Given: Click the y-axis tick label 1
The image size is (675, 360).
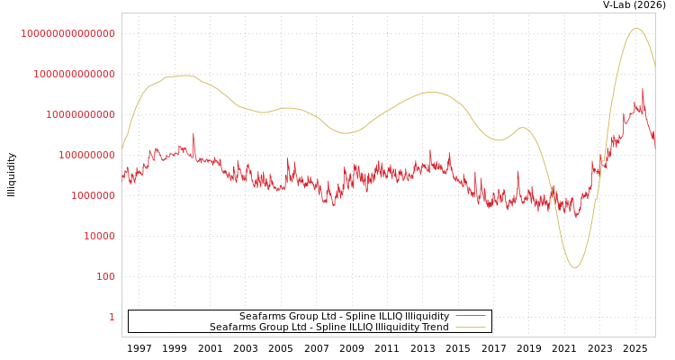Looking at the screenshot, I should click(112, 317).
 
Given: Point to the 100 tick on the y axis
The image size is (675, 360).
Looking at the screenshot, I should click(105, 276).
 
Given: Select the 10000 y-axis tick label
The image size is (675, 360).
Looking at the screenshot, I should click(99, 236).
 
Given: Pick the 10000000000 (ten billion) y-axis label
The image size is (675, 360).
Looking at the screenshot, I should click(80, 114).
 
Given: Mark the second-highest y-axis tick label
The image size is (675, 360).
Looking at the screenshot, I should click(74, 74).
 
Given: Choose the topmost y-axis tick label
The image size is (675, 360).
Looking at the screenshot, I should click(67, 33).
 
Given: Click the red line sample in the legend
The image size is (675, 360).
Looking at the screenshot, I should click(470, 316).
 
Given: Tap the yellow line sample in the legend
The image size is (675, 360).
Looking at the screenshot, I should click(470, 327).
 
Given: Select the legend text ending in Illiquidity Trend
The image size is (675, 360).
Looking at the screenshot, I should click(328, 327).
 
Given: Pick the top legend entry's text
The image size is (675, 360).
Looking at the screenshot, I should click(344, 316).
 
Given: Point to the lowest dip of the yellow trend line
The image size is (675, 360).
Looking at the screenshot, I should click(574, 268).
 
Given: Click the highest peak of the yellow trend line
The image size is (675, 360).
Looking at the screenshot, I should click(636, 28).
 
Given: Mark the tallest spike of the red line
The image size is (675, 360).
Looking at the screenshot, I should click(643, 89).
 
